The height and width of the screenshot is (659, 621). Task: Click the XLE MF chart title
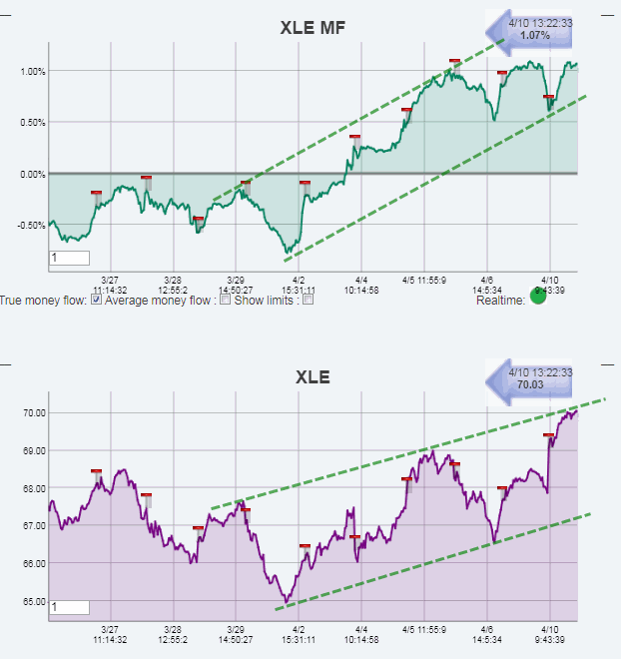coord(311,29)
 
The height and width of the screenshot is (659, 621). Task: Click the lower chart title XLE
coord(311,377)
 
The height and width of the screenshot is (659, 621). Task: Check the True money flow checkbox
coord(95,300)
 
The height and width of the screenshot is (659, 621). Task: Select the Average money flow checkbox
coord(226,300)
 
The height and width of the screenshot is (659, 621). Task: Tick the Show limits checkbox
coord(308,300)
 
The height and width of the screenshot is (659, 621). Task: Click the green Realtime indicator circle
coord(537,298)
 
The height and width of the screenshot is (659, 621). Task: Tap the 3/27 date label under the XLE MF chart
coord(109,280)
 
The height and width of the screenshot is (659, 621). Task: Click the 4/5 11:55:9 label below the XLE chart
coord(424,630)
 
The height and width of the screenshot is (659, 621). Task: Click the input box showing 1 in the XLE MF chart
coord(69,259)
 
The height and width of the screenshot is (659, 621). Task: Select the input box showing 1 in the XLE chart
coord(69,606)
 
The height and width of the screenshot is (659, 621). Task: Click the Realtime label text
coord(500,300)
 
